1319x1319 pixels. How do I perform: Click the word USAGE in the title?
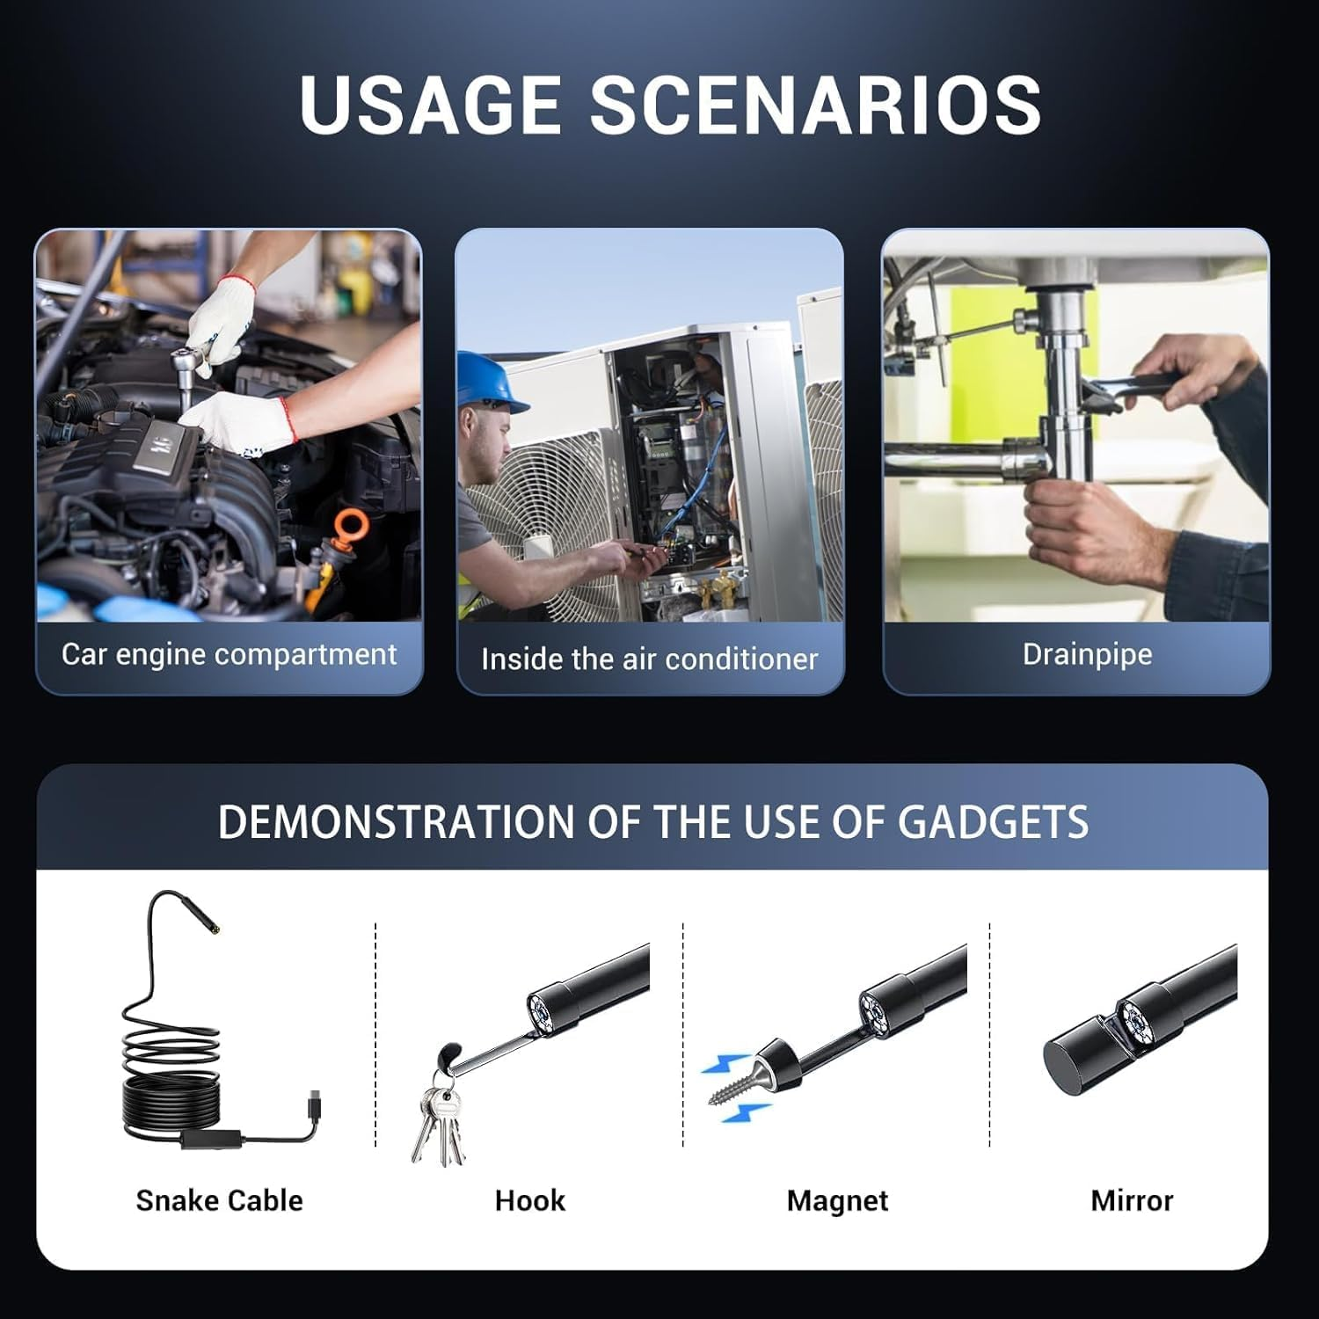[429, 105]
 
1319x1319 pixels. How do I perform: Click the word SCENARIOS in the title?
[815, 105]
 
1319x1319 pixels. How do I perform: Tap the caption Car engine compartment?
[229, 654]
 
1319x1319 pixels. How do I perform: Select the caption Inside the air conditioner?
[649, 659]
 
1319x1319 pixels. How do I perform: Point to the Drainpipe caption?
[1087, 654]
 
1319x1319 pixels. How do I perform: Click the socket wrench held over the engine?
[192, 369]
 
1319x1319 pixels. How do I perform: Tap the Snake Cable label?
[219, 1200]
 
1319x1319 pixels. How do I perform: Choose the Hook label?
[529, 1200]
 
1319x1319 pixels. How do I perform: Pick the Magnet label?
[837, 1200]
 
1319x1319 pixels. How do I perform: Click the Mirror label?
[1132, 1200]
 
